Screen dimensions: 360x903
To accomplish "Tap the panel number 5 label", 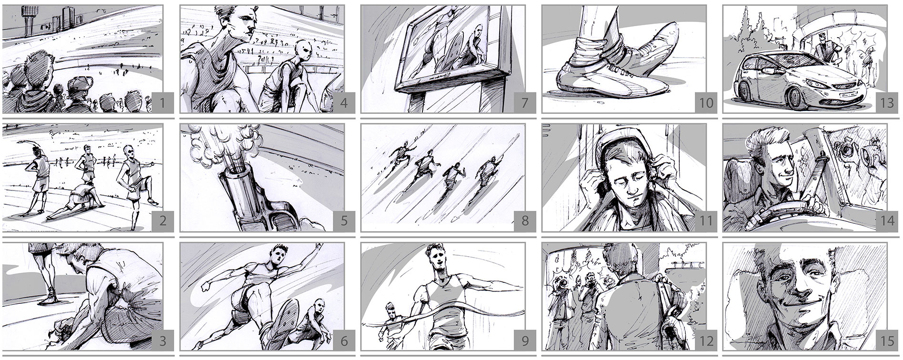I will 344,221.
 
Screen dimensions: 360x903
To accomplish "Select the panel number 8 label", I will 525,221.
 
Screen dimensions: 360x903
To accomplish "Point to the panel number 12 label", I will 706,341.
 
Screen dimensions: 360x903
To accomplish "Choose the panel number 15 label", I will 887,341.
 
